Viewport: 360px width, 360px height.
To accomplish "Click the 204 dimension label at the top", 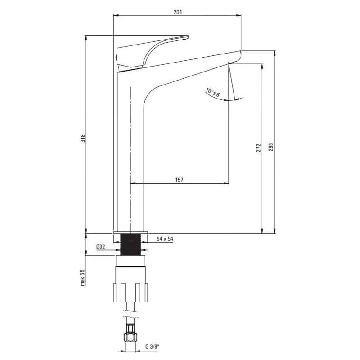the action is click(x=178, y=12).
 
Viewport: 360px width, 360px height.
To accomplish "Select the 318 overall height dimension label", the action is click(x=83, y=139).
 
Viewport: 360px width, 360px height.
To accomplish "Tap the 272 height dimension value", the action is click(x=258, y=148).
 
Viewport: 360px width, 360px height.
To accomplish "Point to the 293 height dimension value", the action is click(x=271, y=147).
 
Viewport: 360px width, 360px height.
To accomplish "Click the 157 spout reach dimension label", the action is click(x=179, y=180).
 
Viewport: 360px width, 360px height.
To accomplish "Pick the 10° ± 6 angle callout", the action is click(x=212, y=92).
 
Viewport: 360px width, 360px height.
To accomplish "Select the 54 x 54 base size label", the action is click(x=165, y=239).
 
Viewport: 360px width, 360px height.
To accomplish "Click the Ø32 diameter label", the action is click(x=101, y=247).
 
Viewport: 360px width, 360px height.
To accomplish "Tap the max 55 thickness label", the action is click(x=83, y=278).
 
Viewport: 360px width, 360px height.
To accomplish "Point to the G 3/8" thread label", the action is click(x=152, y=346).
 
